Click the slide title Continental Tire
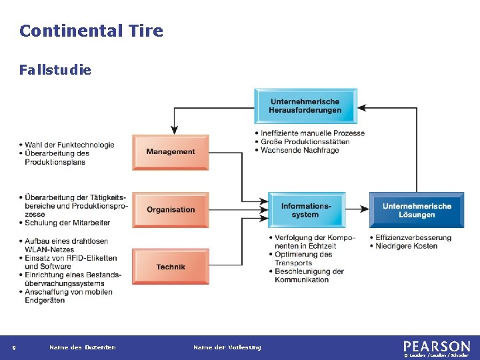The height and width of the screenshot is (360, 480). click(x=91, y=31)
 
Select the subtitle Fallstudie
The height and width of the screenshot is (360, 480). click(x=55, y=69)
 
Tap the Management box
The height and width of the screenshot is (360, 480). click(x=171, y=151)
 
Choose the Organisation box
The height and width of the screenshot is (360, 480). click(x=171, y=209)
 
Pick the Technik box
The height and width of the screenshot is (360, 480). click(x=171, y=267)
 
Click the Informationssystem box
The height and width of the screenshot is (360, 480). click(x=306, y=210)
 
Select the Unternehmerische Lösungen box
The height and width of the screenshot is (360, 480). click(x=417, y=210)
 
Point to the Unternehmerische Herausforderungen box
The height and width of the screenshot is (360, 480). click(x=305, y=106)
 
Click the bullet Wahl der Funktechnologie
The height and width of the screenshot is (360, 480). click(x=70, y=145)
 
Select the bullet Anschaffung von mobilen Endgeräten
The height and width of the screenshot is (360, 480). click(x=68, y=296)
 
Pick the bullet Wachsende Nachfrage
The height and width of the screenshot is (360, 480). click(x=299, y=150)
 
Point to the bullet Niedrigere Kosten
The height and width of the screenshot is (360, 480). click(x=406, y=246)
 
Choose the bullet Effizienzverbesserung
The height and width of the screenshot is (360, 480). click(x=413, y=237)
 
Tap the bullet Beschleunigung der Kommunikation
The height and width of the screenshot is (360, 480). click(x=309, y=275)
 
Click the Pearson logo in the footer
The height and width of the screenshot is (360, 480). click(x=437, y=347)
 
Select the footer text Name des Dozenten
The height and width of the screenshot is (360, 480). click(x=83, y=347)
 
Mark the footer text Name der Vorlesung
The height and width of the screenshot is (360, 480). click(x=227, y=347)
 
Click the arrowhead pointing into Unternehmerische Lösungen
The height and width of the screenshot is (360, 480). click(x=365, y=209)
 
